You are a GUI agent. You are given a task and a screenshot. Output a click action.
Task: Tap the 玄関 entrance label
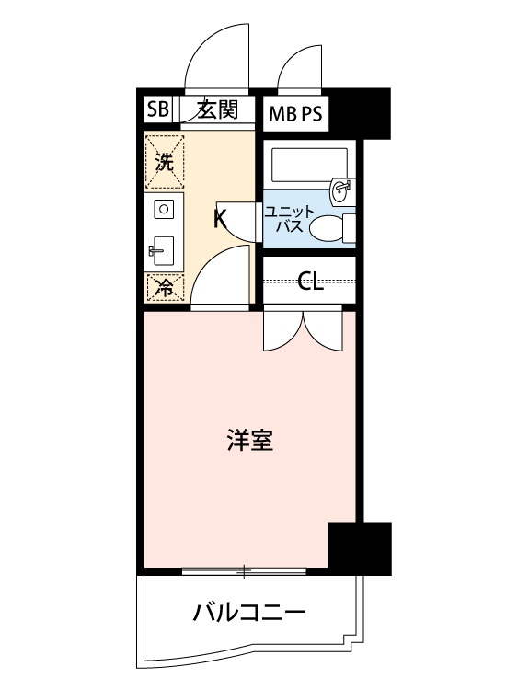(218, 110)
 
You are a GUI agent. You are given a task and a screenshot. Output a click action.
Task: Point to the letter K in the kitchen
(220, 219)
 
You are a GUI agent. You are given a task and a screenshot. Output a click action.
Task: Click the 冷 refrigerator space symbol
(165, 288)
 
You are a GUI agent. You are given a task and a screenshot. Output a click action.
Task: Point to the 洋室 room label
(248, 441)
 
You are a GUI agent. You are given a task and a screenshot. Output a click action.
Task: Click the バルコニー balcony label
(248, 611)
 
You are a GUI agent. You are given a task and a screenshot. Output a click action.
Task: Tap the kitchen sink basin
(164, 248)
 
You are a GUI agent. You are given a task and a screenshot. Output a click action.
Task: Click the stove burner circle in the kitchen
(164, 210)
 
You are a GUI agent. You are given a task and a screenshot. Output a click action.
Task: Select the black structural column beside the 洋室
(360, 548)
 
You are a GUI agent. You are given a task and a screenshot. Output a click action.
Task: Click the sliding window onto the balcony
(243, 571)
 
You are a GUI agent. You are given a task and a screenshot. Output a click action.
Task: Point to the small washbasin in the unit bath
(340, 190)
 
